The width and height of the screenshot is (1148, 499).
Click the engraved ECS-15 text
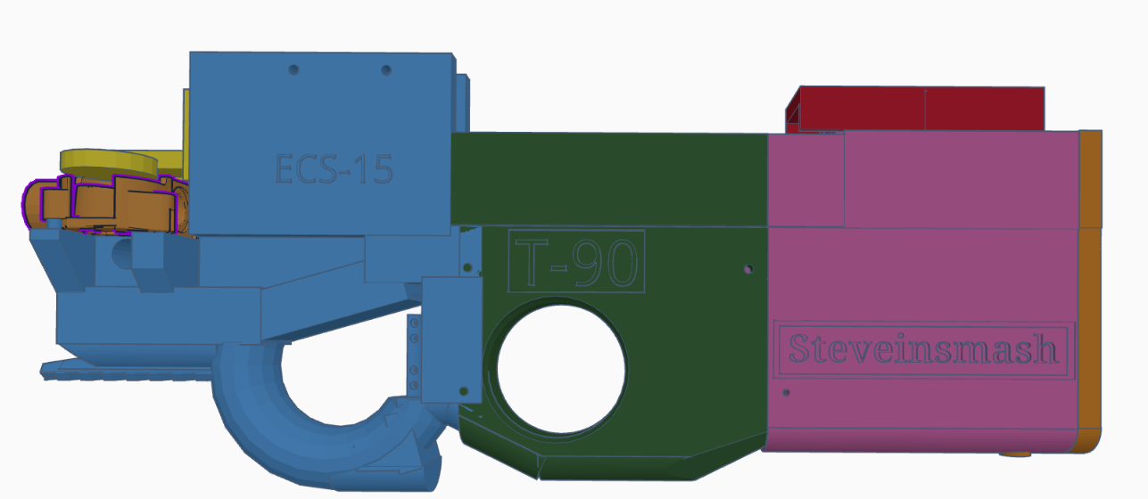[334, 168]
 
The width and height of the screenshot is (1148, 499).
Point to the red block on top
[919, 109]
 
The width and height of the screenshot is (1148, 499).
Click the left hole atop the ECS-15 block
[293, 69]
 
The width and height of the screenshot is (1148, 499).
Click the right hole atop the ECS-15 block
[386, 70]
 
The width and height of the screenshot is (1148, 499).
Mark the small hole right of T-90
[747, 267]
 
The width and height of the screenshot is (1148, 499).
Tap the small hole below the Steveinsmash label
[786, 391]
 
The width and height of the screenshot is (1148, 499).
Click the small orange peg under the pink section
[1016, 454]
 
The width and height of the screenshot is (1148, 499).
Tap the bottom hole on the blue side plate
[462, 390]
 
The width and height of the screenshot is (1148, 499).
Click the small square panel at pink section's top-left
[805, 179]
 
